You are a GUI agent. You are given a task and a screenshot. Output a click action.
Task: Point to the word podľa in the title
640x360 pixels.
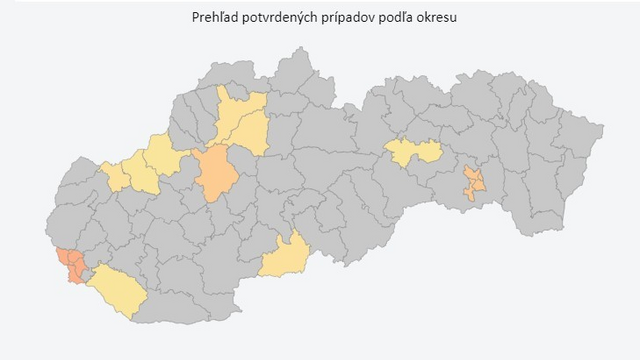point(399,17)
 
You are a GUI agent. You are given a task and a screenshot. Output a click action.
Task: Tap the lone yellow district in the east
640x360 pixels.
point(414,151)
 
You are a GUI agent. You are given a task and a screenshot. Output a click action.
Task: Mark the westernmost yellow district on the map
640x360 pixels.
point(115,175)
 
